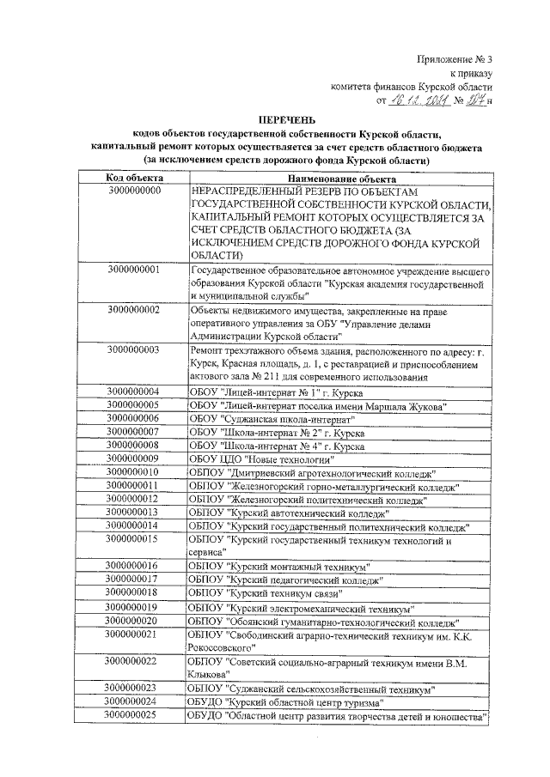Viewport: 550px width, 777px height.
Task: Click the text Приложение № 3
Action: coord(455,59)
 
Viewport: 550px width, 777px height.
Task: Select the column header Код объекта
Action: coord(135,176)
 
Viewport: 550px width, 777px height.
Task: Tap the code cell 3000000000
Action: coord(135,190)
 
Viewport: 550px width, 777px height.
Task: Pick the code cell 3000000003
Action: coord(135,349)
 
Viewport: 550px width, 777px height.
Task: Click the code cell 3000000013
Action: coord(135,513)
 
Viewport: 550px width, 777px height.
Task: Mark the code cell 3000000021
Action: coord(135,634)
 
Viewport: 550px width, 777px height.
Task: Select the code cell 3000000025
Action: coord(135,714)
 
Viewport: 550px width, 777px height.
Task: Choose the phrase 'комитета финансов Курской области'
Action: coord(412,87)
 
